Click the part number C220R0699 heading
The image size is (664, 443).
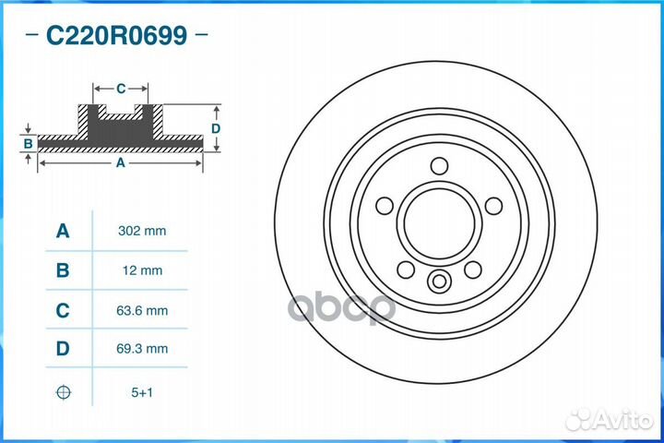pyautogui.click(x=117, y=36)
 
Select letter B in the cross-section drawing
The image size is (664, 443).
pyautogui.click(x=28, y=144)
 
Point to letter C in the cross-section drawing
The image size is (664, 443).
pyautogui.click(x=121, y=89)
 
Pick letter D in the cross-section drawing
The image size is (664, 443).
pyautogui.click(x=215, y=128)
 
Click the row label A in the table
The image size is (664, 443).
pyautogui.click(x=63, y=231)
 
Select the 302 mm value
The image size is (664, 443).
pyautogui.click(x=142, y=231)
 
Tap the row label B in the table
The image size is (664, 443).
pyautogui.click(x=63, y=270)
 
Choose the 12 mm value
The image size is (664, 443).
pyautogui.click(x=142, y=270)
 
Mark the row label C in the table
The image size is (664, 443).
pyautogui.click(x=63, y=310)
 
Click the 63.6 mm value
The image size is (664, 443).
pyautogui.click(x=142, y=310)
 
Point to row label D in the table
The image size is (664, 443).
pyautogui.click(x=63, y=349)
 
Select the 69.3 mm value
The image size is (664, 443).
pyautogui.click(x=142, y=349)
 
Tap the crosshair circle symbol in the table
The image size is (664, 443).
pyautogui.click(x=63, y=392)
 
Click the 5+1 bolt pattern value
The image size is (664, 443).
pyautogui.click(x=142, y=392)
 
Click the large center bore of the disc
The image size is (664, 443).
pyautogui.click(x=439, y=222)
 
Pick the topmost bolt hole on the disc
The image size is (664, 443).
pyautogui.click(x=439, y=165)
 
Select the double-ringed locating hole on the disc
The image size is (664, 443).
pyautogui.click(x=439, y=281)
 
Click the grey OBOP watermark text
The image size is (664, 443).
pyautogui.click(x=341, y=307)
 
